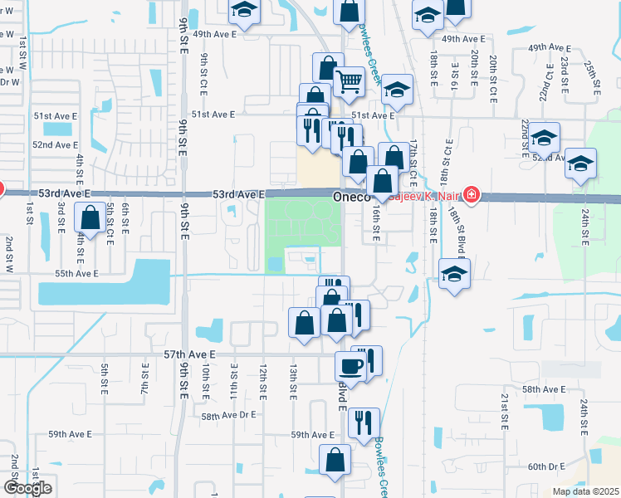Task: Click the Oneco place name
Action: tap(350, 198)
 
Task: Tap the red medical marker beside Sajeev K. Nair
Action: tap(472, 195)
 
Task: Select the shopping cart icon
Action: tap(350, 81)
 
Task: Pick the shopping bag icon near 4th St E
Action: tap(89, 219)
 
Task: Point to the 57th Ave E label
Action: tap(189, 354)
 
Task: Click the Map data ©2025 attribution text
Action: tap(585, 491)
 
